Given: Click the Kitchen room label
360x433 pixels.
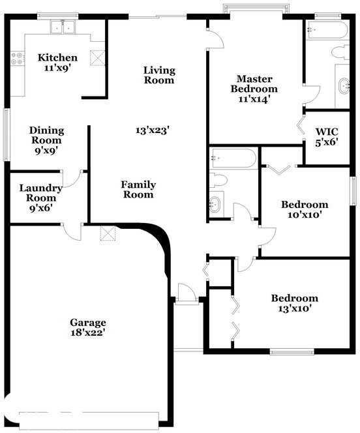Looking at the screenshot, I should coord(57,57).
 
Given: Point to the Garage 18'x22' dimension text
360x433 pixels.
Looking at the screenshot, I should coord(87,333).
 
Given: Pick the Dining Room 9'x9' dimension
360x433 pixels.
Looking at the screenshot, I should coord(46,149).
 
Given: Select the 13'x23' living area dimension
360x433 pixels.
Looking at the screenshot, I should coord(153,130).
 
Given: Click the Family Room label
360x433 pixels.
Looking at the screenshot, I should coord(138,190).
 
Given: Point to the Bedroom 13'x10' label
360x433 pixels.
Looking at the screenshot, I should coord(295,303).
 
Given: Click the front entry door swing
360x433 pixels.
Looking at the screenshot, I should coord(185,292).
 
